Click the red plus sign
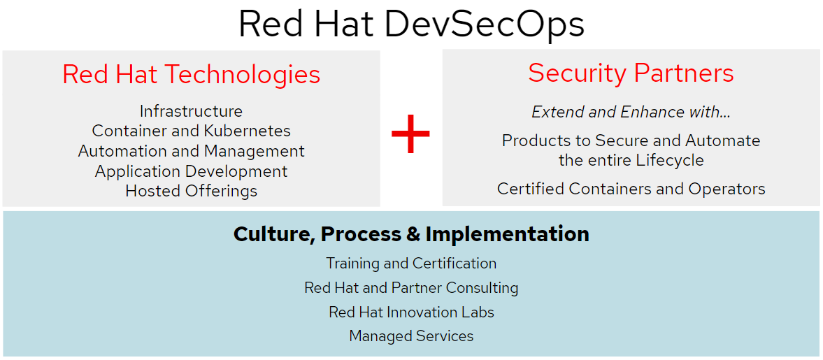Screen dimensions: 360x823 [410, 134]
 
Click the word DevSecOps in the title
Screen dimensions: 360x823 [484, 24]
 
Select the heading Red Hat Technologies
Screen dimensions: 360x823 [191, 74]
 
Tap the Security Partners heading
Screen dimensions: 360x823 [631, 73]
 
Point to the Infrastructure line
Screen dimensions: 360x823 [191, 111]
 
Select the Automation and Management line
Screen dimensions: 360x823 [191, 151]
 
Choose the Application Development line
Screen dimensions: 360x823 [191, 171]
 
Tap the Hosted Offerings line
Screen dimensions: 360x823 [191, 191]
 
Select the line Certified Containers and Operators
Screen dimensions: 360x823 [631, 189]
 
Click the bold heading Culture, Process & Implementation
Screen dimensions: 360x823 [411, 233]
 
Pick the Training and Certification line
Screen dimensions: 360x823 [411, 264]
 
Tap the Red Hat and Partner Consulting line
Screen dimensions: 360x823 [411, 288]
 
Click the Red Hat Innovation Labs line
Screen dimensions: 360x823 [411, 312]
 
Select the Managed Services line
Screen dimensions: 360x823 [411, 336]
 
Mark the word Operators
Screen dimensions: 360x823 [731, 189]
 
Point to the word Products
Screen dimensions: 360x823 [532, 141]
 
